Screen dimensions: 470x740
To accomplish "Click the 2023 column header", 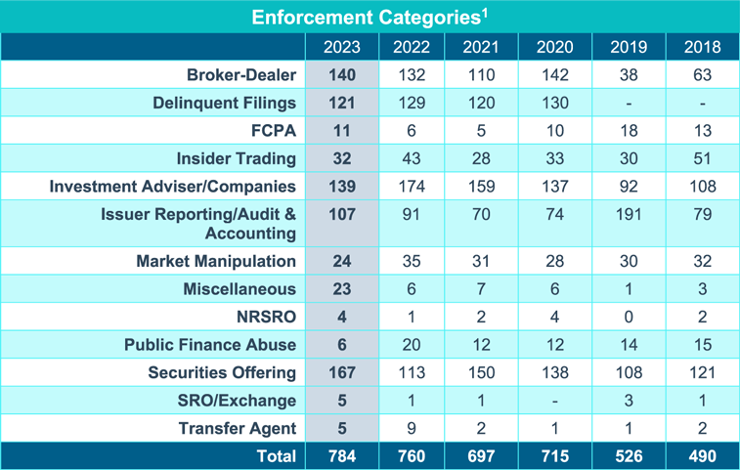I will [341, 47].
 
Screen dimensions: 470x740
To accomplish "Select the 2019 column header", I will [629, 47].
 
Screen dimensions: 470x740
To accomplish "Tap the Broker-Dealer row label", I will [241, 74].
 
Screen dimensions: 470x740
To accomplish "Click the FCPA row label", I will [274, 130].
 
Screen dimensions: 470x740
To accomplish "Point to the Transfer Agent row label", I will [238, 428].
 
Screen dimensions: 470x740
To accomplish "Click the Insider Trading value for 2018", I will [702, 158].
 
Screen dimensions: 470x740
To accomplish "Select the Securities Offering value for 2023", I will [341, 372].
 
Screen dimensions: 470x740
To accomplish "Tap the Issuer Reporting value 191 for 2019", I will [629, 214].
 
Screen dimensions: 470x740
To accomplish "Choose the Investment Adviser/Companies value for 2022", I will [412, 186].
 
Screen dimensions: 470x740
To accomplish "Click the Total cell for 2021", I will [481, 455].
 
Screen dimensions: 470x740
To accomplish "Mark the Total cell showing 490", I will [702, 455].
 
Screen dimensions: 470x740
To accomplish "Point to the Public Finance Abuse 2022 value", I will [412, 345].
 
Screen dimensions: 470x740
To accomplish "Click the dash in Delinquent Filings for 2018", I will [702, 103].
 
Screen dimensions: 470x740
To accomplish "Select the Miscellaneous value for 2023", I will [341, 289].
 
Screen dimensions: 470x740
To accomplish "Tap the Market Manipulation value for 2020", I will [555, 261].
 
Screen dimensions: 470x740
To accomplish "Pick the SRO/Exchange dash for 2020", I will [555, 401].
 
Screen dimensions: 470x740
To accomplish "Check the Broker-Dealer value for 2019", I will [629, 74].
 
